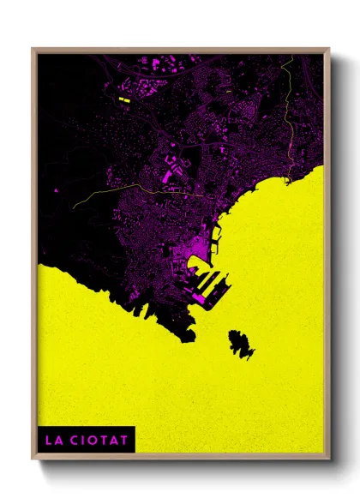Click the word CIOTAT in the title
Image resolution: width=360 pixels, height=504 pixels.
tap(98, 441)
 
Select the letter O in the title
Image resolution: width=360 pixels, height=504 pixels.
tap(91, 441)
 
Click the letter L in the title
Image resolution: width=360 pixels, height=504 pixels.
tap(48, 441)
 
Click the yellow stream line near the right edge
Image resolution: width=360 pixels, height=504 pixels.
tap(291, 111)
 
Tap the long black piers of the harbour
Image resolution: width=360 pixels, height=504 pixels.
tap(210, 284)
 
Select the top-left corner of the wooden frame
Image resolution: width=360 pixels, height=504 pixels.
tap(33, 50)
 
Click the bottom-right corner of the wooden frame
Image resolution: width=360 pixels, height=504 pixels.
tap(328, 455)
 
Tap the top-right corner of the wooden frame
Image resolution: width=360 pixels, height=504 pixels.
tap(328, 50)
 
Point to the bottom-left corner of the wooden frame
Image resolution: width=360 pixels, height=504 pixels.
tap(33, 455)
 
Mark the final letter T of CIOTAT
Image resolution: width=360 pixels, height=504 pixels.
tap(125, 441)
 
